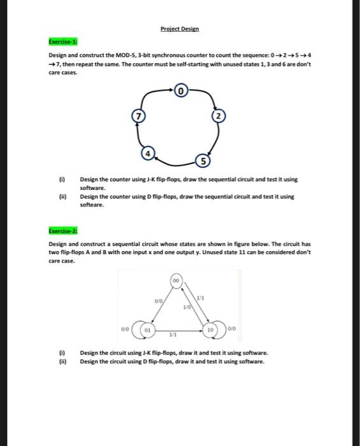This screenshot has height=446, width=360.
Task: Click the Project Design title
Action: (180, 29)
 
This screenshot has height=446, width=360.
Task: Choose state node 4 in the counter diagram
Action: (147, 153)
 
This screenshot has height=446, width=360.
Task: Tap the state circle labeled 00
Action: (175, 280)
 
